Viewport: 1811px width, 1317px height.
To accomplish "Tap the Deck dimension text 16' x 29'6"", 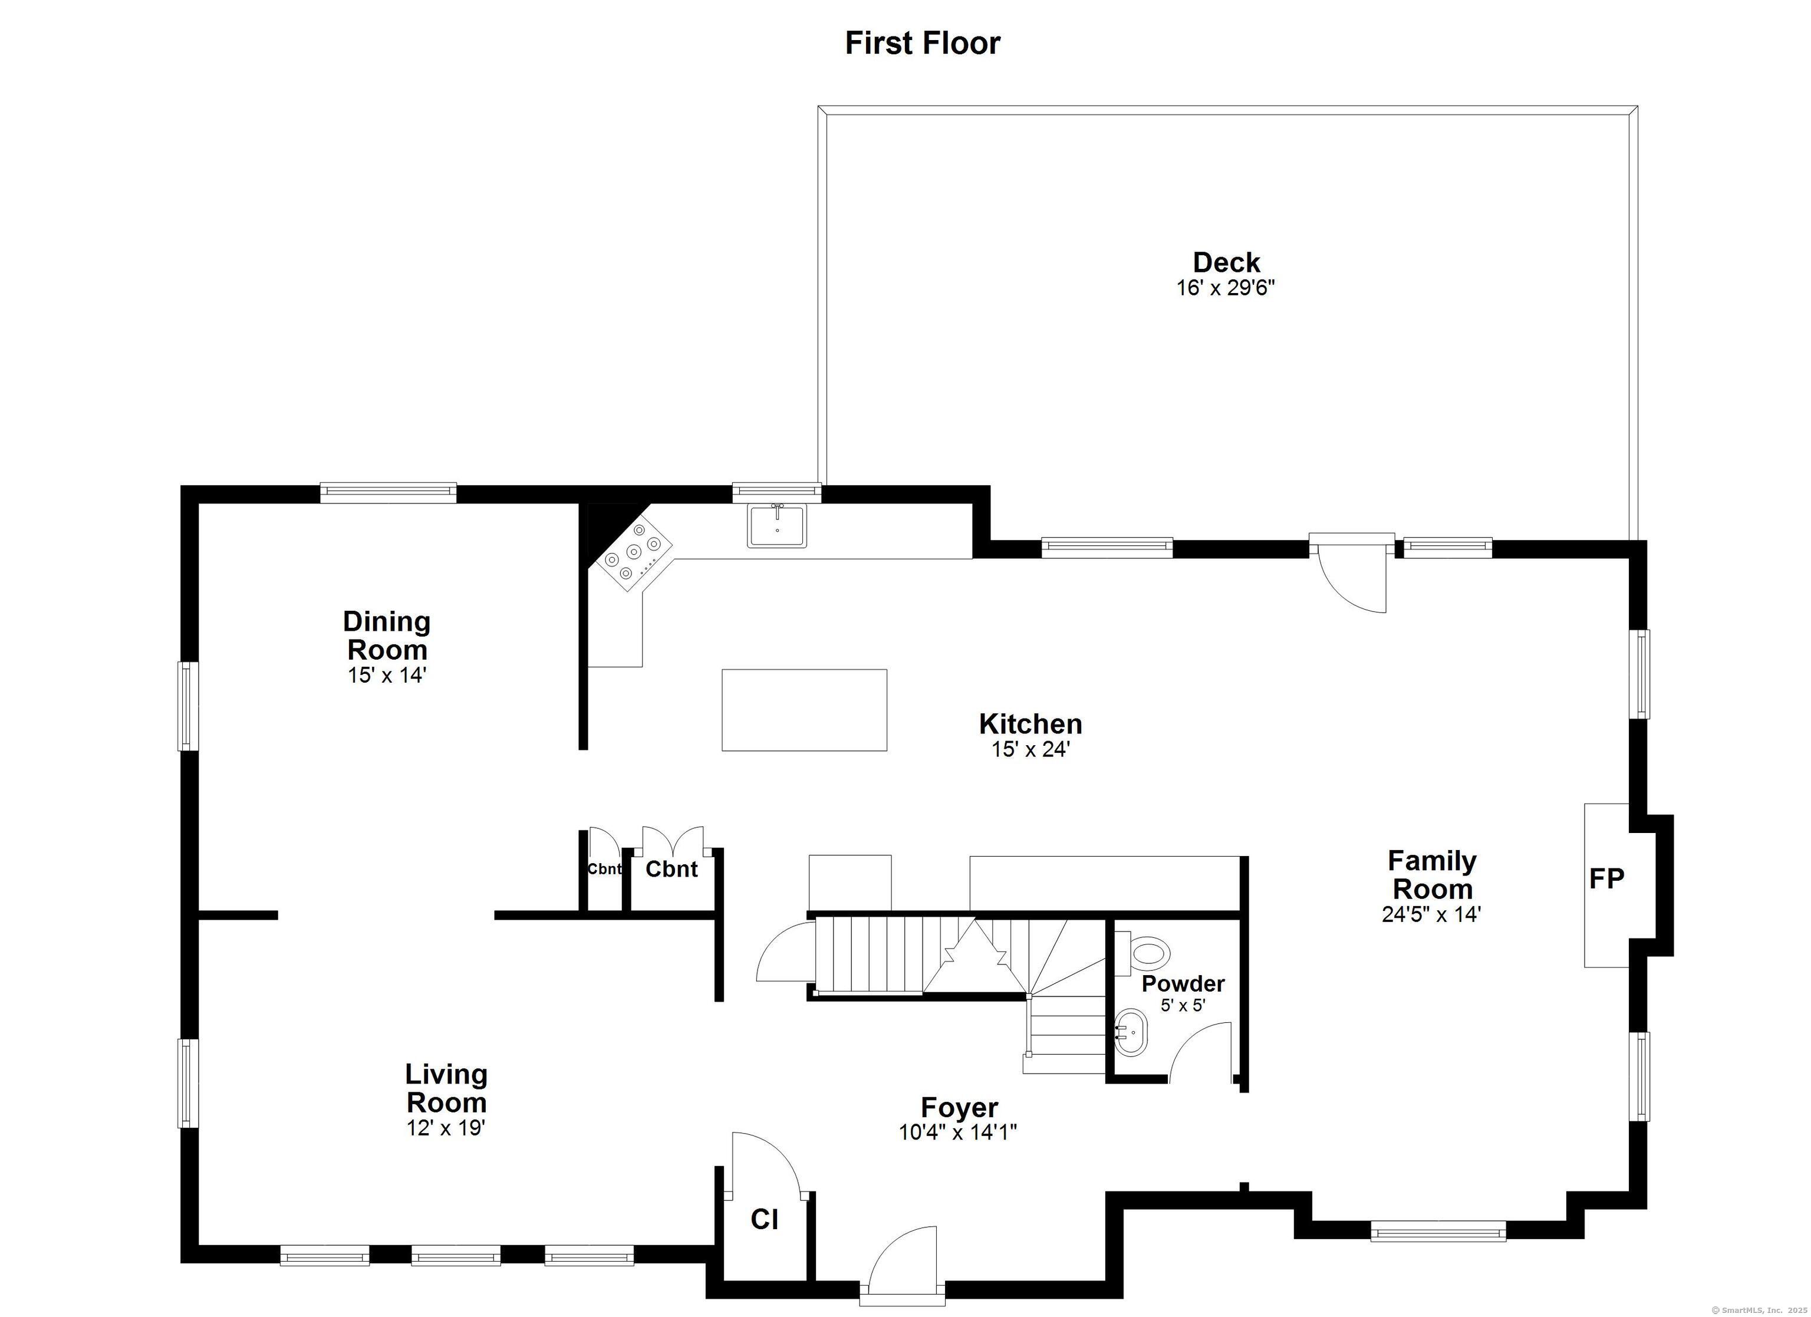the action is (1226, 288).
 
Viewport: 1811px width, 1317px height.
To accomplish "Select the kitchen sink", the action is (777, 525).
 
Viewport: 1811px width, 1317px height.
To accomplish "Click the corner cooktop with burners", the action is (633, 551).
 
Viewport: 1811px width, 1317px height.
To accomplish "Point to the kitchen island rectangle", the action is (804, 710).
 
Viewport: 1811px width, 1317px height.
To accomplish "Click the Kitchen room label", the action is (1030, 723).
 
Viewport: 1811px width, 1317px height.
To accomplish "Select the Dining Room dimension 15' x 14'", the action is (387, 675).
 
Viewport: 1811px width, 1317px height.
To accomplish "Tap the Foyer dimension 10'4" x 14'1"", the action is (957, 1132).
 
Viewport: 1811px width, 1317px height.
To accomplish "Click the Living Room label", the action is (446, 1088).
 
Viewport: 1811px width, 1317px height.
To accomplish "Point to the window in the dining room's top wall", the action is (388, 492).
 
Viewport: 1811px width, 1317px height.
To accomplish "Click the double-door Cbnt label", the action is (671, 869).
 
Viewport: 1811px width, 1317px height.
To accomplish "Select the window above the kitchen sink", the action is (777, 492).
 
